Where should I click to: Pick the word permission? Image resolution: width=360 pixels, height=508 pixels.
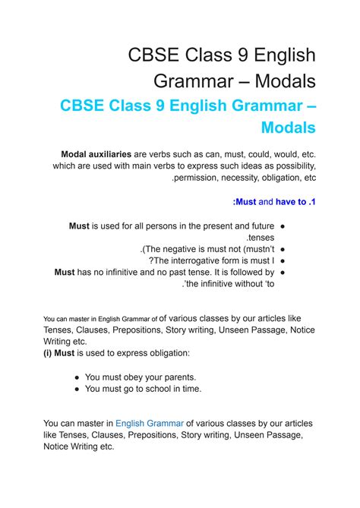pyautogui.click(x=200, y=178)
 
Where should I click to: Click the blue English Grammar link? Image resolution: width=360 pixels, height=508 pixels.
pyautogui.click(x=150, y=424)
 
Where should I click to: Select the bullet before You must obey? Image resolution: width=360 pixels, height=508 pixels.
pyautogui.click(x=78, y=377)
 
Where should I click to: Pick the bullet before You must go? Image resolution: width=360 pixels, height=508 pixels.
pyautogui.click(x=78, y=388)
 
